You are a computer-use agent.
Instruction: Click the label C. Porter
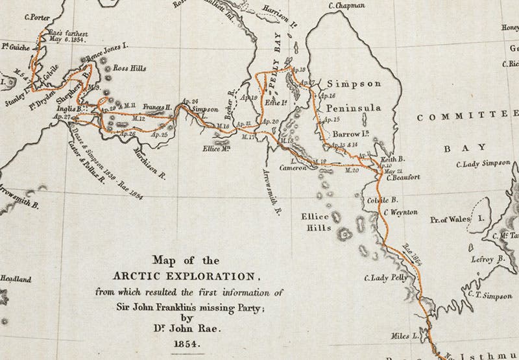click(x=36, y=18)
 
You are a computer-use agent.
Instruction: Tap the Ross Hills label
click(x=129, y=67)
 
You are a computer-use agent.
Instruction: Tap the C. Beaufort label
click(x=403, y=176)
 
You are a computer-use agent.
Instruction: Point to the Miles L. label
click(x=405, y=336)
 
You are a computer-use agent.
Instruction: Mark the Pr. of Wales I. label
click(x=458, y=220)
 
